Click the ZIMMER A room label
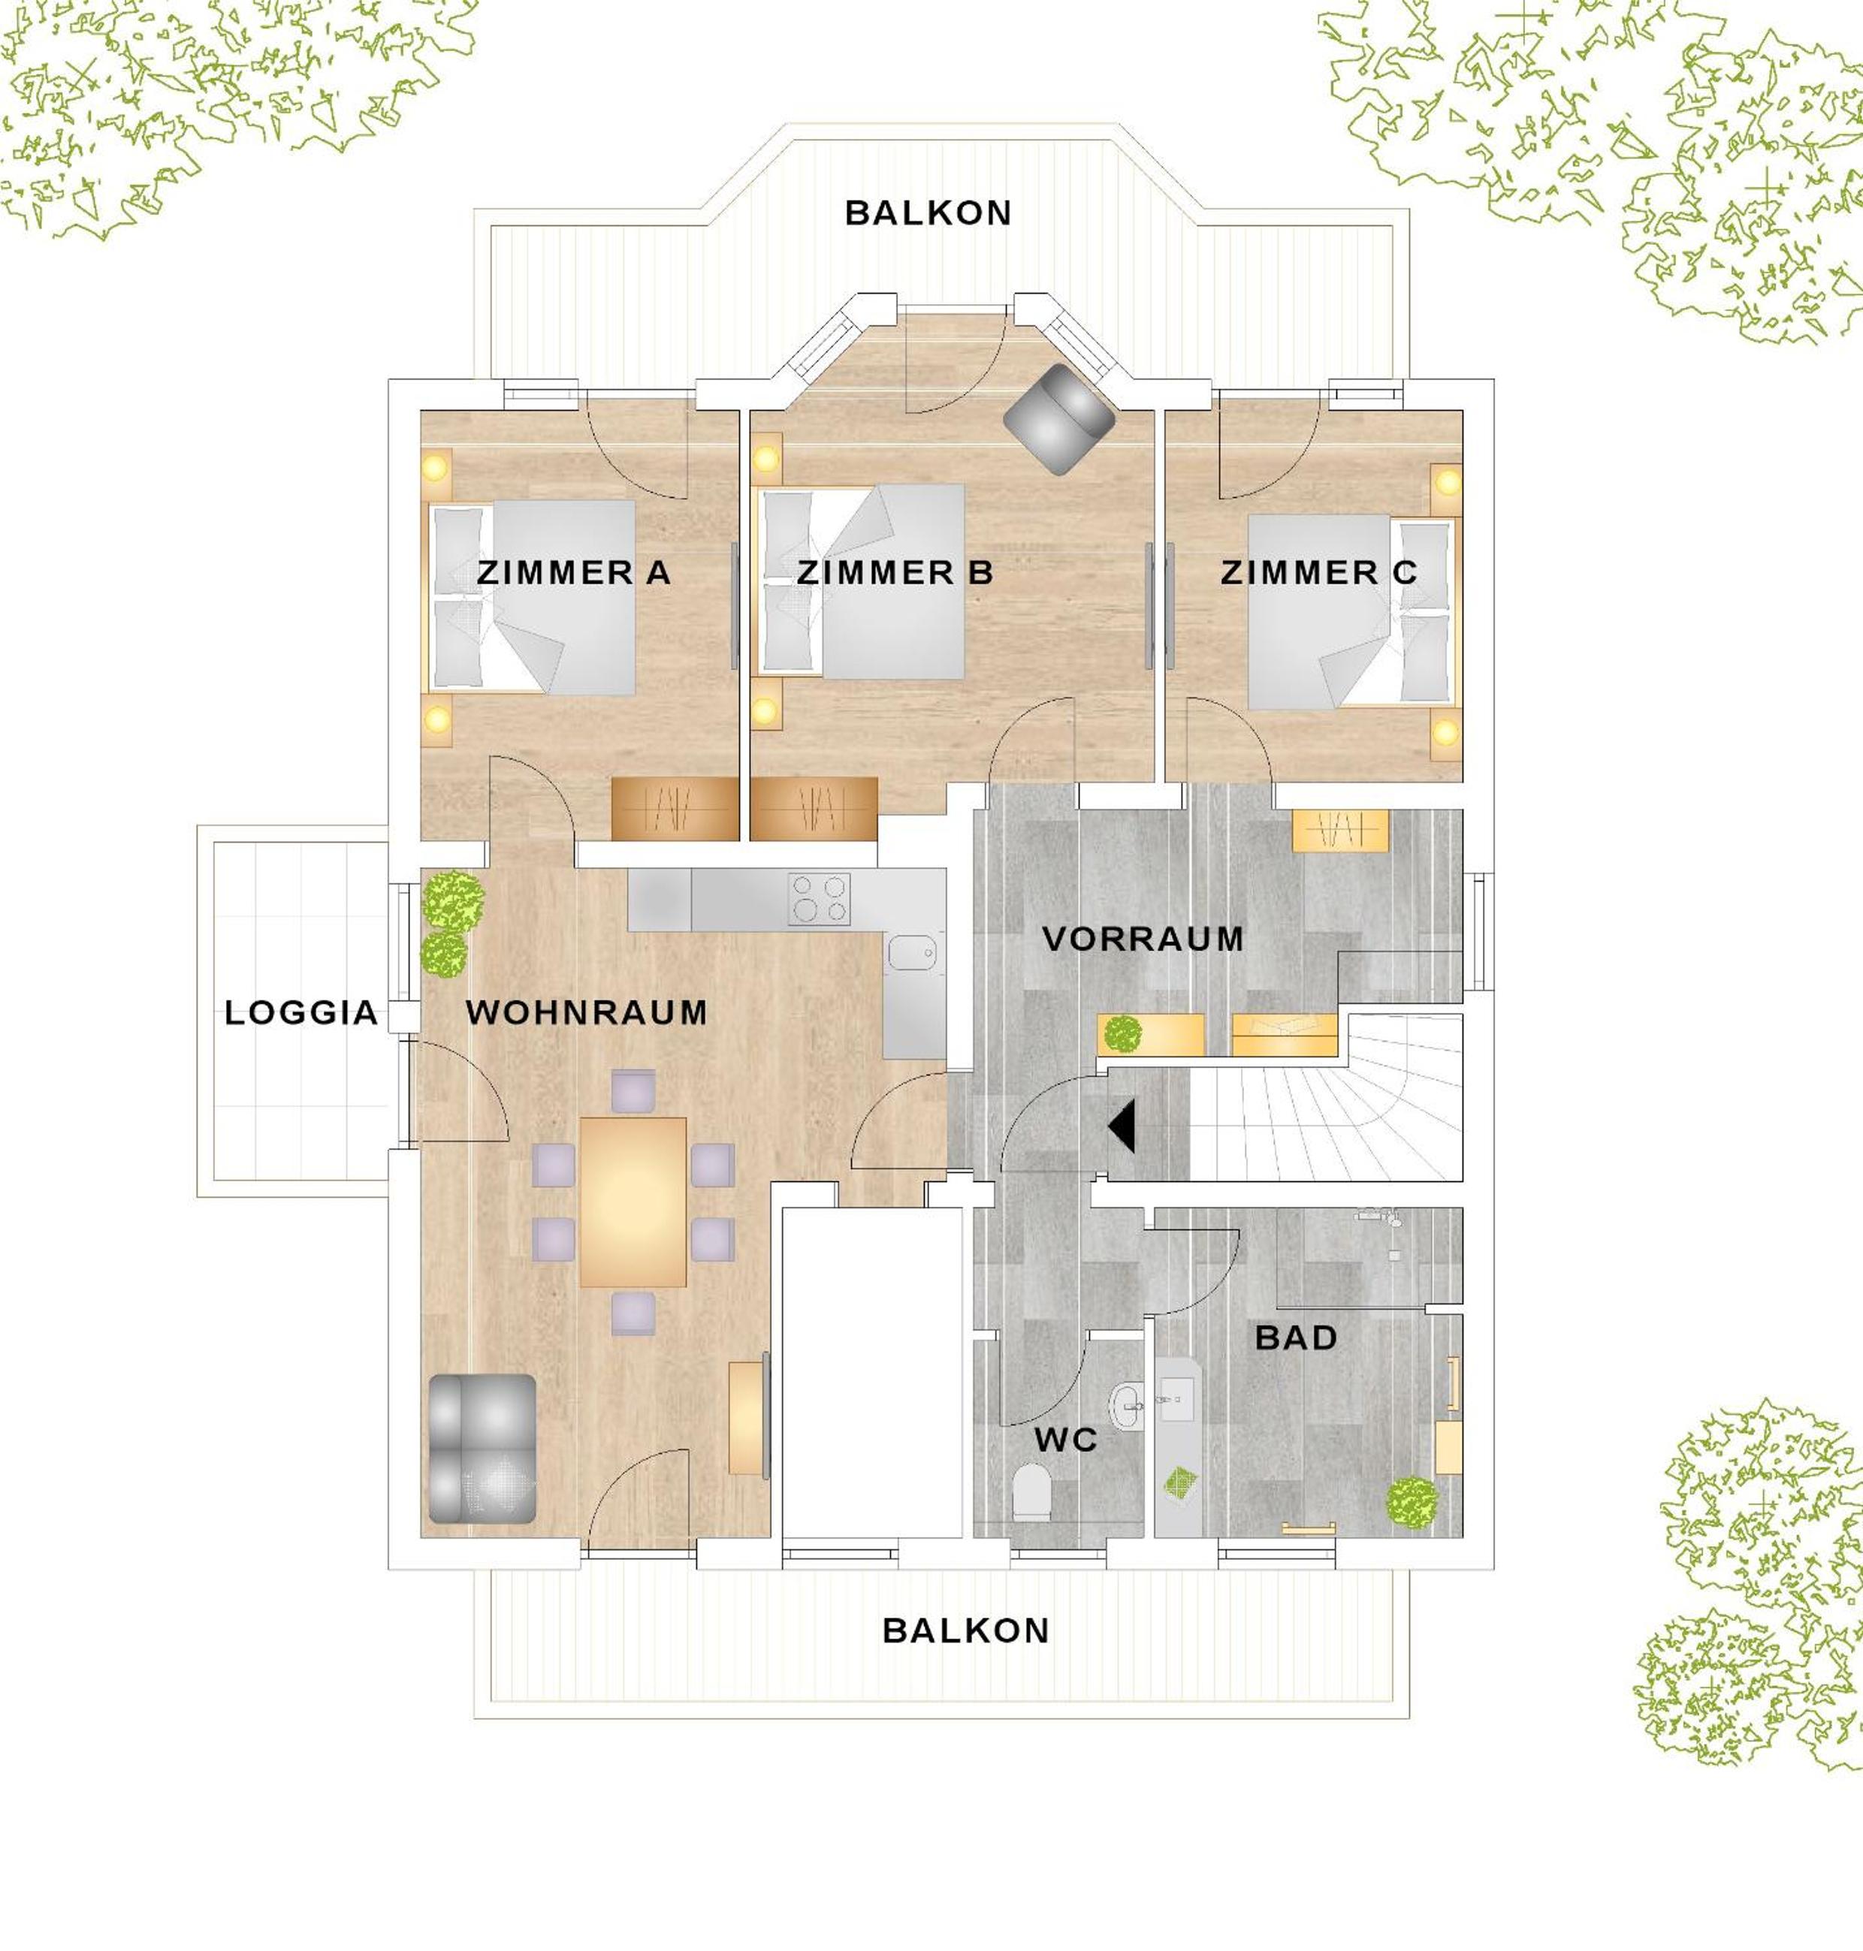574,573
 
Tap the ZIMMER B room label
895,573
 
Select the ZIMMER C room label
1319,573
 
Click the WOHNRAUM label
587,1013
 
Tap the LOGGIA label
301,1013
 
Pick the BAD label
1296,1337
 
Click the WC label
1065,1440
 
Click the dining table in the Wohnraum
633,1202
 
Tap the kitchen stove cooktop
820,900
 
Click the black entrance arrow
1122,1127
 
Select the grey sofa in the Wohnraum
482,1449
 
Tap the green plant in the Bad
1412,1501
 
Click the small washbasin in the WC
1126,1406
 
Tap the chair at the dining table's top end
633,1091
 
